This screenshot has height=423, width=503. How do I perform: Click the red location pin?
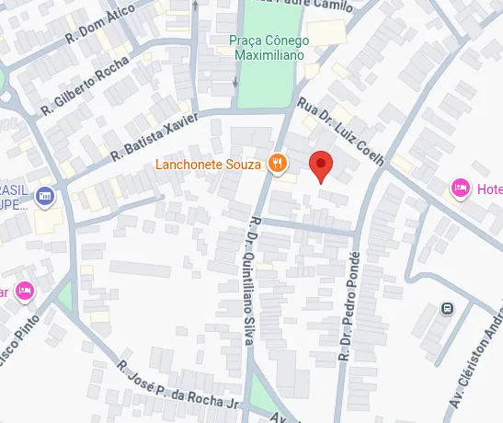point(320,165)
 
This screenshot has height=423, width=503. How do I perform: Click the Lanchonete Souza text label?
point(209,166)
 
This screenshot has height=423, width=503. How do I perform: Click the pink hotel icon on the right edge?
point(460,189)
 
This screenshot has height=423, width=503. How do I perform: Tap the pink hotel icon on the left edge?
point(25,292)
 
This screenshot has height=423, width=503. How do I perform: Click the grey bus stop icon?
point(447,309)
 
